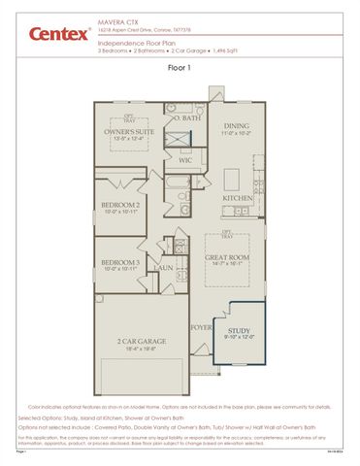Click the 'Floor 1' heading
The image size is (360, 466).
tap(180, 69)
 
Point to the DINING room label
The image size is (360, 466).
tap(237, 125)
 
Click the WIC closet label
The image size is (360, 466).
tap(184, 159)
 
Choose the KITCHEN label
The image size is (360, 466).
tap(238, 197)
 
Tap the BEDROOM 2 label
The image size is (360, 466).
tap(122, 205)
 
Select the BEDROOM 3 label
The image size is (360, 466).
tap(122, 263)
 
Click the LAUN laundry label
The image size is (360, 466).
tap(164, 267)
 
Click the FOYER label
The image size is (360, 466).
tap(201, 327)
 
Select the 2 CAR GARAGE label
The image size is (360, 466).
tap(142, 343)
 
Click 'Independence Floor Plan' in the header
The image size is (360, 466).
tap(134, 42)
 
